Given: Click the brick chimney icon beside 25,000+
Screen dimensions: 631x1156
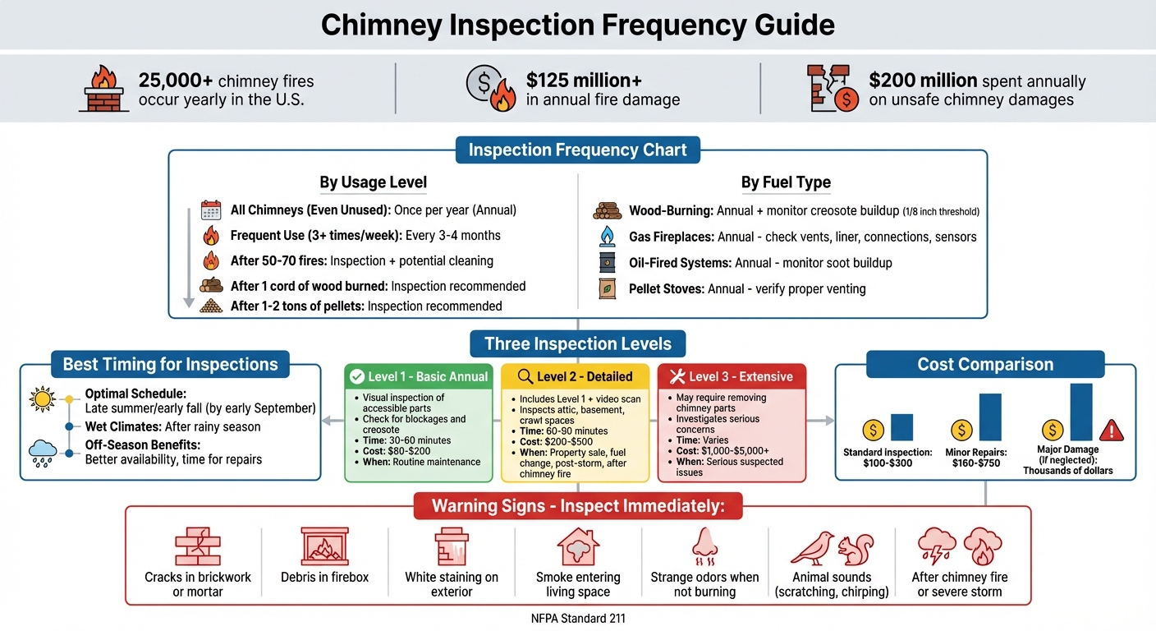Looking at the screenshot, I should coord(104,90).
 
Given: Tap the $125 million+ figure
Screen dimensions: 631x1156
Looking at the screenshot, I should coord(584,80).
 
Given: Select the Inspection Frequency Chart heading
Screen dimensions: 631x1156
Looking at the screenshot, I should coord(578,150).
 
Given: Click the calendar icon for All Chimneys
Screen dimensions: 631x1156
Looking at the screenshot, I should coord(211,210).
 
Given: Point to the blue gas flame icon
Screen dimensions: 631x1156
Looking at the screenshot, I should coord(607,237).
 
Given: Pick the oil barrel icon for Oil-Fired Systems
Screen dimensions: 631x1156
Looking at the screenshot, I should coord(607,263).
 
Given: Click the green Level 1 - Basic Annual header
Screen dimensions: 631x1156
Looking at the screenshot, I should coord(419,376).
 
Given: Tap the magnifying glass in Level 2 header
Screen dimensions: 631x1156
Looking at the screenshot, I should coord(525,376).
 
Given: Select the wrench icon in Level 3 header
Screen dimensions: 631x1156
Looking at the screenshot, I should coord(677,376).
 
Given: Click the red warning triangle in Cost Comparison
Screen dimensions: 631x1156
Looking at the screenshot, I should coord(1112,430).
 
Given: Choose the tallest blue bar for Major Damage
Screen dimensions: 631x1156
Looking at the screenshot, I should coord(1081,412).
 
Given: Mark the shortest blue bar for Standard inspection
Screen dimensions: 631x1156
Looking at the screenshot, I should coord(901,427).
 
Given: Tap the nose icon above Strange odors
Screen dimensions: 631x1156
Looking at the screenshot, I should coord(704,546).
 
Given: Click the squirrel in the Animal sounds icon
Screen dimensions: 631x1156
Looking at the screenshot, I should coord(855,547).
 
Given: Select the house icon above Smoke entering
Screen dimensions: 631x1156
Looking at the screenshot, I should coord(577,546).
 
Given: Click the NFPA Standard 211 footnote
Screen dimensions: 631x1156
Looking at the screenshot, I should coord(578,618).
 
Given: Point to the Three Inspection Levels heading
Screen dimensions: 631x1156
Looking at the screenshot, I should coord(578,343).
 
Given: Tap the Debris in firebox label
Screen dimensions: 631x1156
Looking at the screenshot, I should coord(325,577).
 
